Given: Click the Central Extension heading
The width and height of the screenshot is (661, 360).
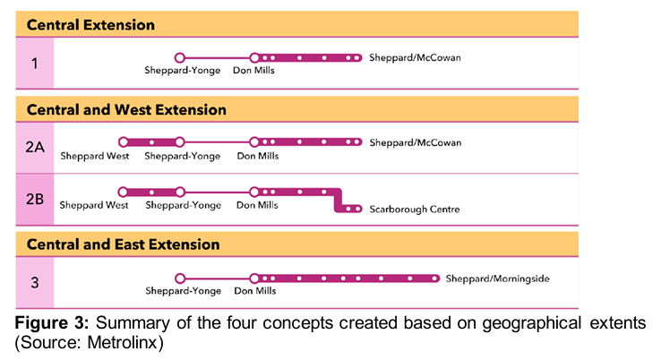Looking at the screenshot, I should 90,25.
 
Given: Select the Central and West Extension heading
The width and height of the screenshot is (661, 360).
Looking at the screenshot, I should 126,110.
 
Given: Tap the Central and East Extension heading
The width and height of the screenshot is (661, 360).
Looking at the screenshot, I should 123,244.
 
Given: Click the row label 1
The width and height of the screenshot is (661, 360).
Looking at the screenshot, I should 34,63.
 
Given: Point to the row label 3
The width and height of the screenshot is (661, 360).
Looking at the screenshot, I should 34,283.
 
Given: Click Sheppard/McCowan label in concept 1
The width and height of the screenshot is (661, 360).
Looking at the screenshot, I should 415,58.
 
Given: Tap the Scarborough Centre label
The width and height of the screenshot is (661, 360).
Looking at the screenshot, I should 414,210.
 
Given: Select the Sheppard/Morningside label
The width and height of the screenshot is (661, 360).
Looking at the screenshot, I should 497,279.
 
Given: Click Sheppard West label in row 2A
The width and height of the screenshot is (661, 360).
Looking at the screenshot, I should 94,156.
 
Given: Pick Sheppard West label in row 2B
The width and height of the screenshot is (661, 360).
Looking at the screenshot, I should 94,205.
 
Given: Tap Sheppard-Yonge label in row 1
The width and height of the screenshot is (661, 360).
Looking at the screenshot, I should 183,70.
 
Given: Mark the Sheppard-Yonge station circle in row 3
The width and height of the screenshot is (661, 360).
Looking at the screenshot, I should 180,279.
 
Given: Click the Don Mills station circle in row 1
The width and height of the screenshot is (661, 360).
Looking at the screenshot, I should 254,58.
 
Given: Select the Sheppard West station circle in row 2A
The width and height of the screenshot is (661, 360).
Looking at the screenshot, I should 124,141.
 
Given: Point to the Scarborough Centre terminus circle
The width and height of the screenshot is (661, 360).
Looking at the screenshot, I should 357,210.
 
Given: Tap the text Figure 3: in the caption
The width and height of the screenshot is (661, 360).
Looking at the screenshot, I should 43,321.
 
